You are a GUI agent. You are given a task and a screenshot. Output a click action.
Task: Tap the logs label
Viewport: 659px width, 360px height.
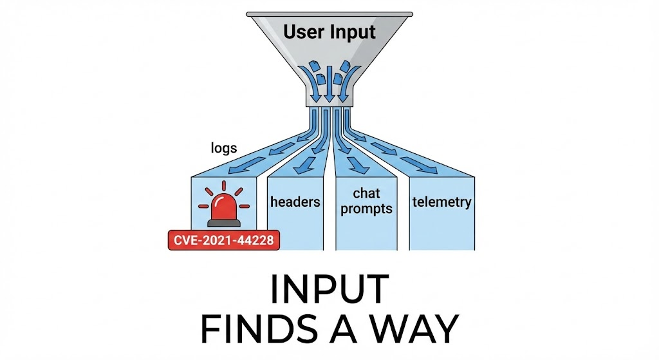(224, 148)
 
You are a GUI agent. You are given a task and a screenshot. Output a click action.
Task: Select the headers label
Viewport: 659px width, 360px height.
(295, 202)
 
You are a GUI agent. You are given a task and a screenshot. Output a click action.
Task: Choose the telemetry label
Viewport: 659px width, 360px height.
(442, 202)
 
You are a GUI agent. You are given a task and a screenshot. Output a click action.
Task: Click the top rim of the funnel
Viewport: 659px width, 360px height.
(329, 14)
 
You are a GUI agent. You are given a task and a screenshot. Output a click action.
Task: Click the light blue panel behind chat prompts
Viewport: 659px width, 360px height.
(365, 232)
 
